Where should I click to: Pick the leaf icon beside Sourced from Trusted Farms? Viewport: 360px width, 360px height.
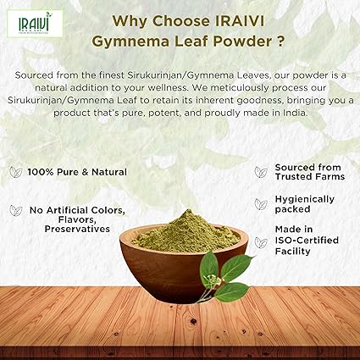[261, 172]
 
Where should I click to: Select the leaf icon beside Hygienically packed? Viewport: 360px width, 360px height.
[261, 203]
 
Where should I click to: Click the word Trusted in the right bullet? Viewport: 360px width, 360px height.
[293, 178]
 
